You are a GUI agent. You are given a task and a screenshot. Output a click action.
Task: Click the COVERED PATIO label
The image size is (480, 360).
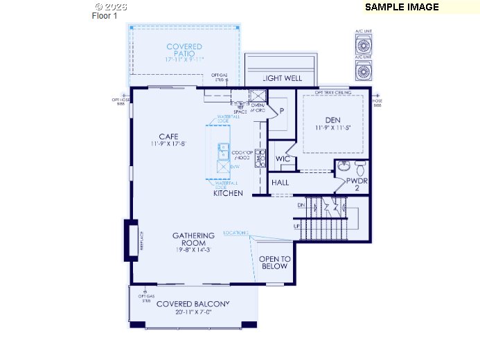[x=184, y=47]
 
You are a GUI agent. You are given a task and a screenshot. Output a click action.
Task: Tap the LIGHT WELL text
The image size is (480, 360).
[x=282, y=78]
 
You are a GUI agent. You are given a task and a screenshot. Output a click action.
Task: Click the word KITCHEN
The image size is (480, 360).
[x=228, y=193]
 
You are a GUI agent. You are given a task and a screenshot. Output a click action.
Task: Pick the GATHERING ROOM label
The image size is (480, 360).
[x=193, y=240]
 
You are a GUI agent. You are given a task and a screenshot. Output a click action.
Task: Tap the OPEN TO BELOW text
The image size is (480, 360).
[x=274, y=262]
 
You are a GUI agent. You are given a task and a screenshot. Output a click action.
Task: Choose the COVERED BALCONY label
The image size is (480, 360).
[x=193, y=304]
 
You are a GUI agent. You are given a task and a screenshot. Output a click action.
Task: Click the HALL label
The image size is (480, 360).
[x=280, y=183]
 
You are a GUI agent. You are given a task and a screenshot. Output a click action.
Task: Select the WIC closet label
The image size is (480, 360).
[x=282, y=159]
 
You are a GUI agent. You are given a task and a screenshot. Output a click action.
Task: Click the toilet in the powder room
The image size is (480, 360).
[x=359, y=168]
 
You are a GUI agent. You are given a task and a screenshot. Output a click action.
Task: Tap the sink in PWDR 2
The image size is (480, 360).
[x=344, y=167]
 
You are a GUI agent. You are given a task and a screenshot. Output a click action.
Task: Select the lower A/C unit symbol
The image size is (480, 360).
[x=363, y=71]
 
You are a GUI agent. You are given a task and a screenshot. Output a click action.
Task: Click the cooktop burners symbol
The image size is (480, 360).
[x=260, y=158]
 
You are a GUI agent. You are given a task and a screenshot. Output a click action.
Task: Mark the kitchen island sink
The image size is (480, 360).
[x=224, y=151]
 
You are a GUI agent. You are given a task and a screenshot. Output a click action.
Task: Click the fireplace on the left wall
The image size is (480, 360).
[x=130, y=240]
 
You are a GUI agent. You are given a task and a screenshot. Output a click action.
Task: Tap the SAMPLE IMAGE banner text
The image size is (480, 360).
[x=402, y=7]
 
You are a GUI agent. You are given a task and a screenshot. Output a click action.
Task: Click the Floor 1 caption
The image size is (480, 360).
[x=105, y=17]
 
